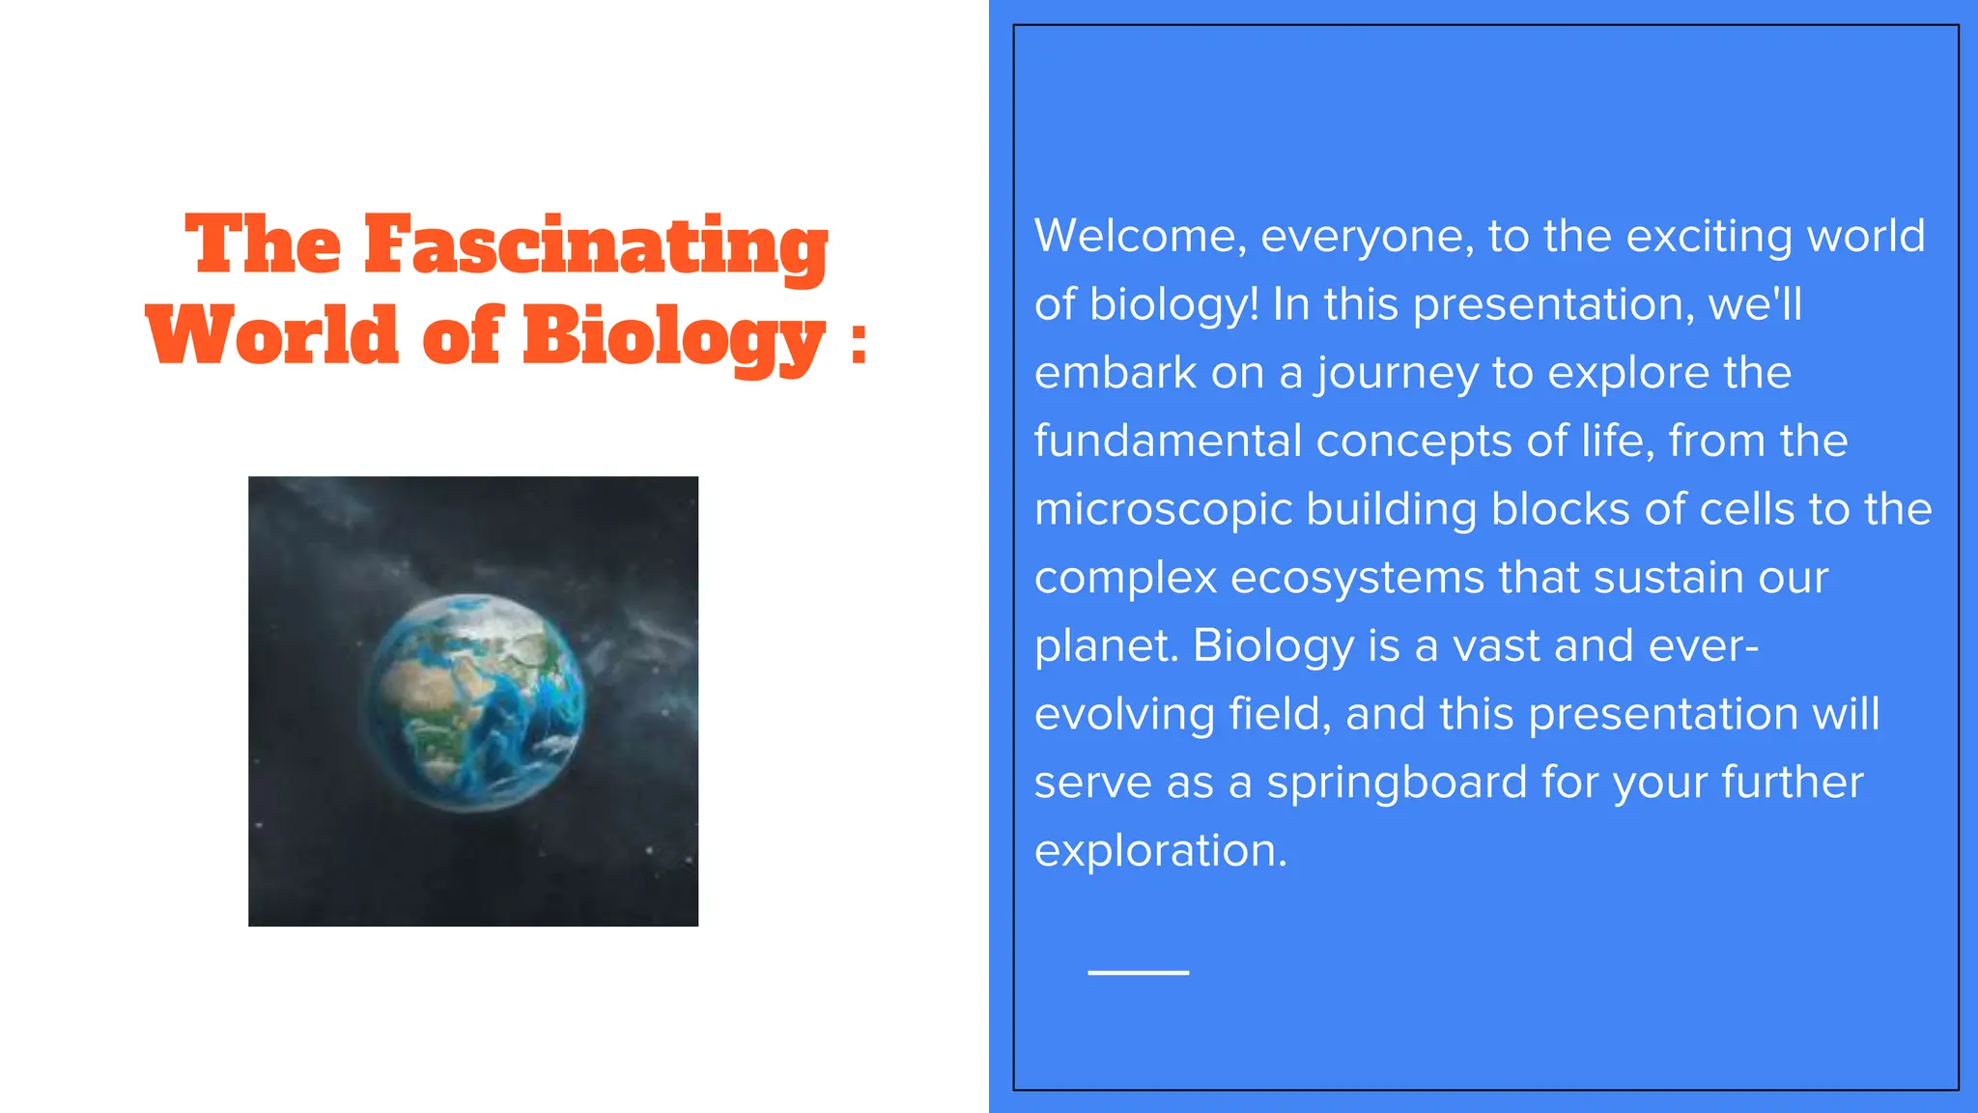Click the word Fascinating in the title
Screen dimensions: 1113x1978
coord(596,245)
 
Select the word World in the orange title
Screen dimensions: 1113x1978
coord(272,335)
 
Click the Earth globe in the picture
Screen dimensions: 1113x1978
coord(473,702)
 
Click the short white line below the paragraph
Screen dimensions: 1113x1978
coord(1138,972)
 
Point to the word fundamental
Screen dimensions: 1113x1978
coord(1168,442)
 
